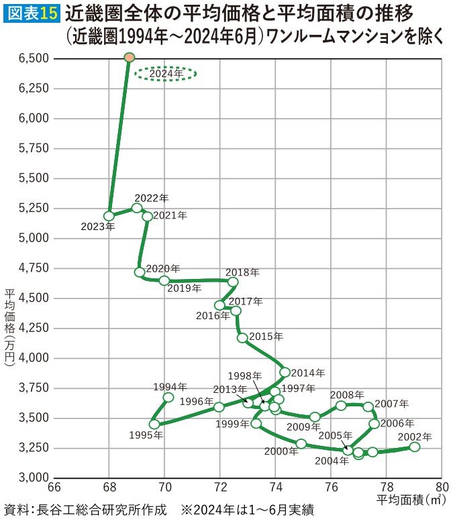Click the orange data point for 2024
click(x=130, y=58)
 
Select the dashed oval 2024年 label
click(x=165, y=73)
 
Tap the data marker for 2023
click(x=109, y=216)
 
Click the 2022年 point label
click(x=152, y=198)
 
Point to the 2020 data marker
click(x=140, y=272)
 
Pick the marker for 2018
click(x=233, y=282)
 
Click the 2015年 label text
click(x=266, y=336)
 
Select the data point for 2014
click(x=285, y=372)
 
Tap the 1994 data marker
click(x=168, y=398)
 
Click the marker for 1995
click(x=154, y=424)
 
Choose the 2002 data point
click(x=414, y=447)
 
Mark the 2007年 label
click(x=392, y=404)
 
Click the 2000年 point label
click(x=281, y=451)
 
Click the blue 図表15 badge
click(x=32, y=13)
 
